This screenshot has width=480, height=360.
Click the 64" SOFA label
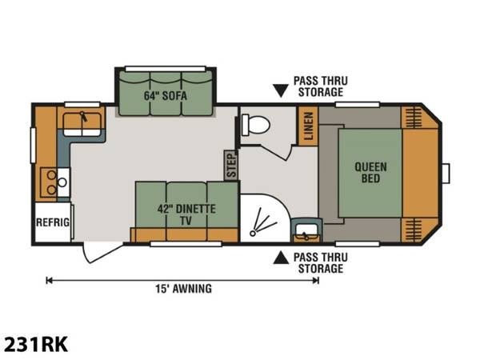(x=166, y=96)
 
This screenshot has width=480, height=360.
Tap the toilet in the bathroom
(x=255, y=125)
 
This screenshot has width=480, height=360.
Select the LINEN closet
(x=308, y=126)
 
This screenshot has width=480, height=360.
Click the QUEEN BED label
(x=370, y=173)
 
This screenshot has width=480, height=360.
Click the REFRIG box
(x=53, y=222)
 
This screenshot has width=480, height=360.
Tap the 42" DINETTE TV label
(x=186, y=214)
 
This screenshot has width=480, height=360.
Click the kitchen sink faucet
(x=83, y=117)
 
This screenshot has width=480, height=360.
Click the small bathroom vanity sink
(x=306, y=230)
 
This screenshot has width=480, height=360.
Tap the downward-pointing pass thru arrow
(x=281, y=91)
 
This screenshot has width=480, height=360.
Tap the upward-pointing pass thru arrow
(x=281, y=258)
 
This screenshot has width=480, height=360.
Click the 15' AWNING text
(x=184, y=289)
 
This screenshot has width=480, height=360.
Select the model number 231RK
(x=36, y=344)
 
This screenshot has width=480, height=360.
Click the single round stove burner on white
(x=62, y=182)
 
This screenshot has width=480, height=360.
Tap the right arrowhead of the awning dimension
(x=316, y=281)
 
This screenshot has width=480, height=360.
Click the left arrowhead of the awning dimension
(x=49, y=281)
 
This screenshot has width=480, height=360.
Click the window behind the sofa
(x=166, y=69)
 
